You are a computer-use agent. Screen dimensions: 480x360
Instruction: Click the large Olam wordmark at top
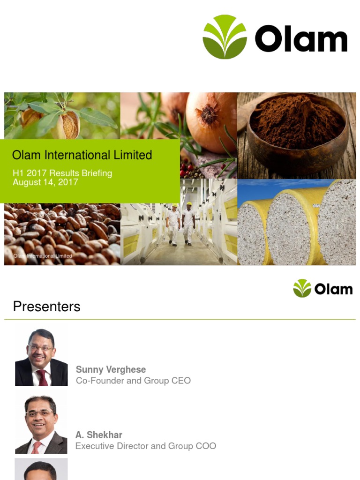tap(301, 39)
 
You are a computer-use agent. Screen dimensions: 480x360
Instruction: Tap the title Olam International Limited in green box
tap(82, 155)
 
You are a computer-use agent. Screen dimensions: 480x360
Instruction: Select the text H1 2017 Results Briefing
tap(62, 173)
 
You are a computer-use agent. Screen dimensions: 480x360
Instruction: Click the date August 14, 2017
tap(45, 182)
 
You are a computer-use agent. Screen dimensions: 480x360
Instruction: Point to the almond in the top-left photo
tap(67, 124)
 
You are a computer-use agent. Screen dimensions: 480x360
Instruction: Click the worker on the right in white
tap(188, 223)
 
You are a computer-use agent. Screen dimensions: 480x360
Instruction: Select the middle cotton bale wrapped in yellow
tap(292, 225)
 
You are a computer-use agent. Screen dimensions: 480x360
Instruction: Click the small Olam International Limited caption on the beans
tap(43, 256)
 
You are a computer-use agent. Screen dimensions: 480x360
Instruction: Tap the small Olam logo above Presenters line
tap(322, 288)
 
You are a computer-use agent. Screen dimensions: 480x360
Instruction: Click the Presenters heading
tap(46, 307)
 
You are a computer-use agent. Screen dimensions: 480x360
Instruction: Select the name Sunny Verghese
tap(111, 369)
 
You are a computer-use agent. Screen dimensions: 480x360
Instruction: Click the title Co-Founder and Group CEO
tap(133, 381)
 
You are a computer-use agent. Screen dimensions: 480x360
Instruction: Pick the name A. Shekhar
tap(99, 435)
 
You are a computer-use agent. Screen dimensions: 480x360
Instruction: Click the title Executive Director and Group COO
tap(146, 446)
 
